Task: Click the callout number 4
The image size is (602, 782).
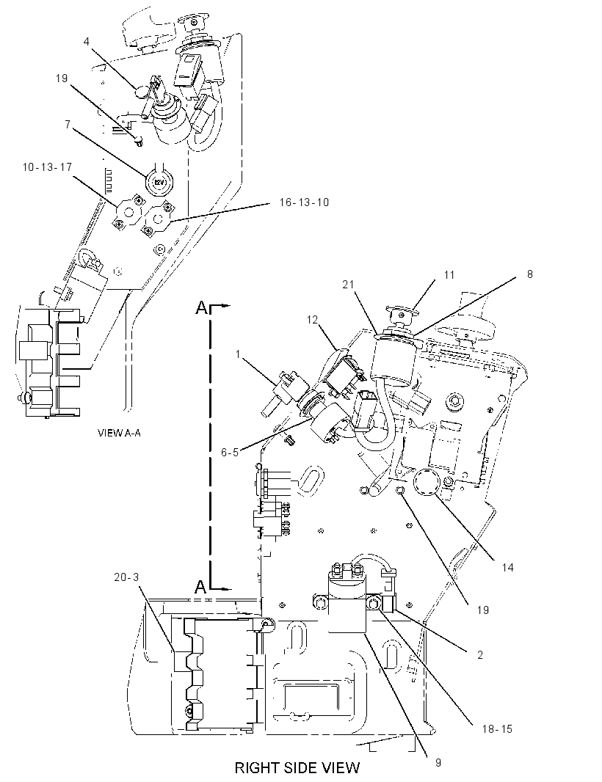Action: coord(87,41)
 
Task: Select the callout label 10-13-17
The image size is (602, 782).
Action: coord(48,167)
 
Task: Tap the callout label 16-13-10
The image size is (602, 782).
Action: coord(304,202)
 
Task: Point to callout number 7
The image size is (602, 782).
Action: coord(68,125)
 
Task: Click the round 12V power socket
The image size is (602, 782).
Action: coord(159,181)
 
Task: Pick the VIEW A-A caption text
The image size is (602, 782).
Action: coord(119,433)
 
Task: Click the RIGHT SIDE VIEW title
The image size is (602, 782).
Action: coord(297,767)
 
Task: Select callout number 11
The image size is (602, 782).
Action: coord(449,275)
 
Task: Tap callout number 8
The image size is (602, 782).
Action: coord(529,274)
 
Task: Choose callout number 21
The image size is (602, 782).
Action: coord(348,285)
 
